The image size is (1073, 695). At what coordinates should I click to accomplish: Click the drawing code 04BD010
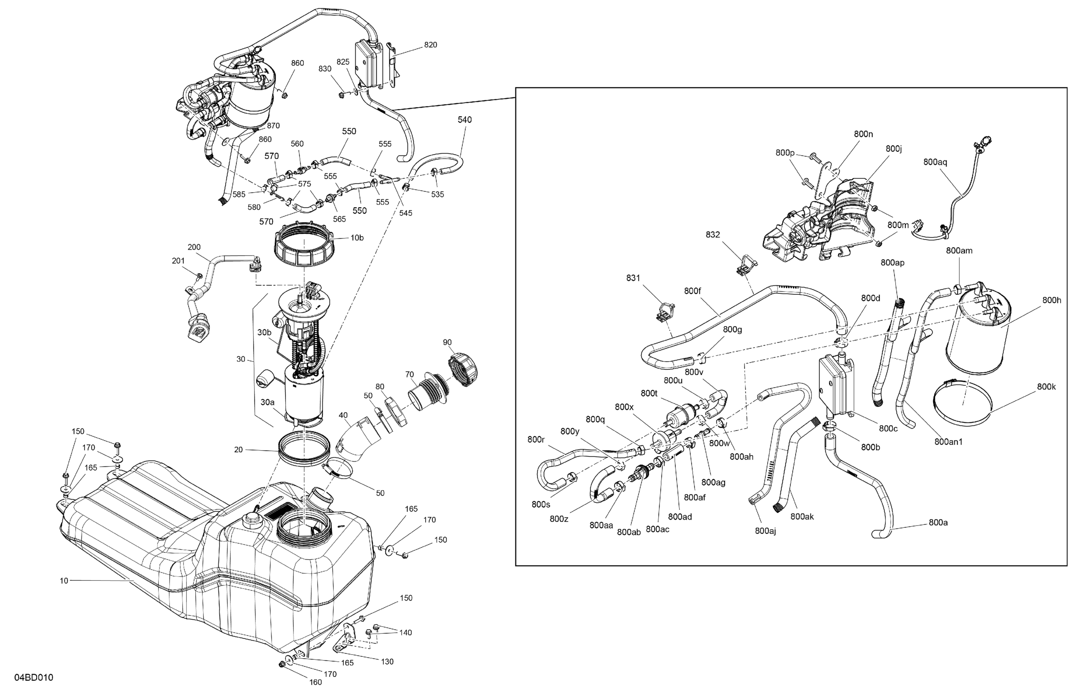[34, 677]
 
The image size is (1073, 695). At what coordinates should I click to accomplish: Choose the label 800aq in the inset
[935, 162]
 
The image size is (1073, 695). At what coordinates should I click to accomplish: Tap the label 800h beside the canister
[1051, 300]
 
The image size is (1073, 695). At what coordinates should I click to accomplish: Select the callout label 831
[633, 278]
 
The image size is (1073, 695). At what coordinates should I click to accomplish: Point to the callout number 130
[387, 662]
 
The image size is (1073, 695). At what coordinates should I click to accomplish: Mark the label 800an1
[949, 442]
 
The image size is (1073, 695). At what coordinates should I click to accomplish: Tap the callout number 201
[178, 261]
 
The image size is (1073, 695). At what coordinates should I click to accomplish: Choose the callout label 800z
[559, 519]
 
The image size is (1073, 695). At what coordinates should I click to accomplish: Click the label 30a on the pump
[267, 402]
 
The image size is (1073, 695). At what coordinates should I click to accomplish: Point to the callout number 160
[315, 682]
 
